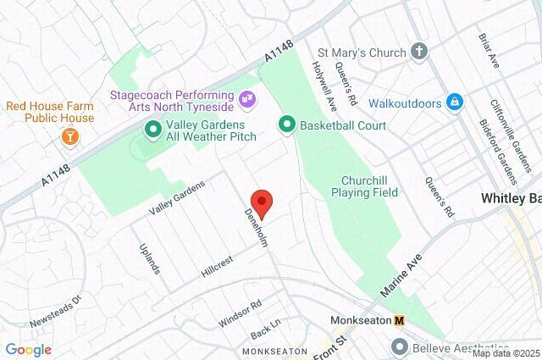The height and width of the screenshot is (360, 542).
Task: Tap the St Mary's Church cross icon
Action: click(x=418, y=53)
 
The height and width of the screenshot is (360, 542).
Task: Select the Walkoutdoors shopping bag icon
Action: click(x=455, y=102)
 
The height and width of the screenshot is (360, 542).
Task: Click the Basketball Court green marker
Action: click(x=286, y=125)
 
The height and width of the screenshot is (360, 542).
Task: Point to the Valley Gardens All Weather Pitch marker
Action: click(x=152, y=130)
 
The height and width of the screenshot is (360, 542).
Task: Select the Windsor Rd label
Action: click(x=241, y=313)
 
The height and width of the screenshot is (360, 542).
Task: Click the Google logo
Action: click(x=28, y=350)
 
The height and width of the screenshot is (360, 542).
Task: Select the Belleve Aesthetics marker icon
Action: click(x=399, y=346)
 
